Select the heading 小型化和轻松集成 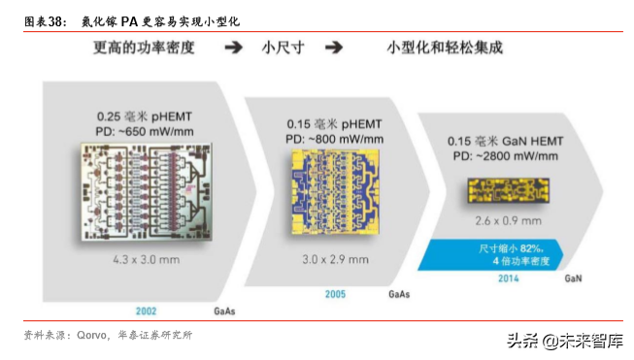click(x=450, y=47)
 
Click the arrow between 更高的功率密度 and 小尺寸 click(x=233, y=47)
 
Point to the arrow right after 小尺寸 click(x=334, y=47)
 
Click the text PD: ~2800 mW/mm click(x=505, y=154)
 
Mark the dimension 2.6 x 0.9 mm click(x=503, y=220)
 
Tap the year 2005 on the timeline click(x=336, y=292)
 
